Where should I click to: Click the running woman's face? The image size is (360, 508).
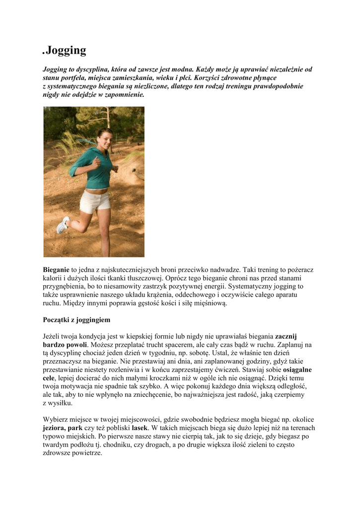[x=104, y=139]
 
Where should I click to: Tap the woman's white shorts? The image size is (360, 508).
[x=95, y=201]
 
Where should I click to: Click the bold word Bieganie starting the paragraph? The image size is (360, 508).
[x=56, y=270]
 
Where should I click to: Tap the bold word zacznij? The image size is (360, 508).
[x=286, y=336]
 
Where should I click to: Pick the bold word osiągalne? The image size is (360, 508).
[x=297, y=370]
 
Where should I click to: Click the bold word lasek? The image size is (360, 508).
[x=141, y=428]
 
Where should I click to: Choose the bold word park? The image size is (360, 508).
[x=75, y=428]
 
